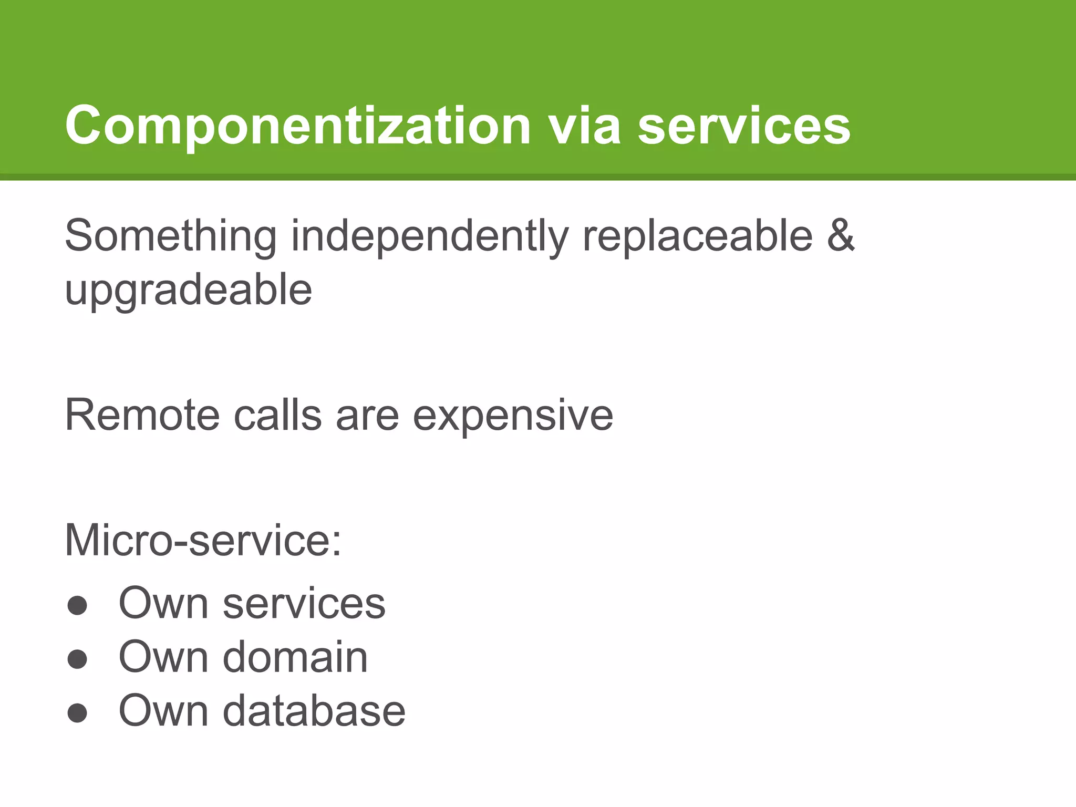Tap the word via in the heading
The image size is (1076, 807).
584,126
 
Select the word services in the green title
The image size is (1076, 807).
744,126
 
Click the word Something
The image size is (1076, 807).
171,236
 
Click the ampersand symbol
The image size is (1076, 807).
841,236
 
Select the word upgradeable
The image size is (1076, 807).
188,291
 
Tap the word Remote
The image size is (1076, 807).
142,416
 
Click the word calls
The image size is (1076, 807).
277,416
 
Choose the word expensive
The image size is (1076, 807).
513,416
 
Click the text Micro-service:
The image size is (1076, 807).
203,541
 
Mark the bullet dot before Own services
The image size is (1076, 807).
77,605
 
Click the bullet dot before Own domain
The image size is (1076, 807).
77,659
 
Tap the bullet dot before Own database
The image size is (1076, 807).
77,713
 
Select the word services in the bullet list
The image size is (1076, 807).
304,604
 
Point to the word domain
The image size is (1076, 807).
295,657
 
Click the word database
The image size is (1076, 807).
314,711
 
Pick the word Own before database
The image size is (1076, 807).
163,711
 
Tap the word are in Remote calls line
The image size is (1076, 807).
367,416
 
